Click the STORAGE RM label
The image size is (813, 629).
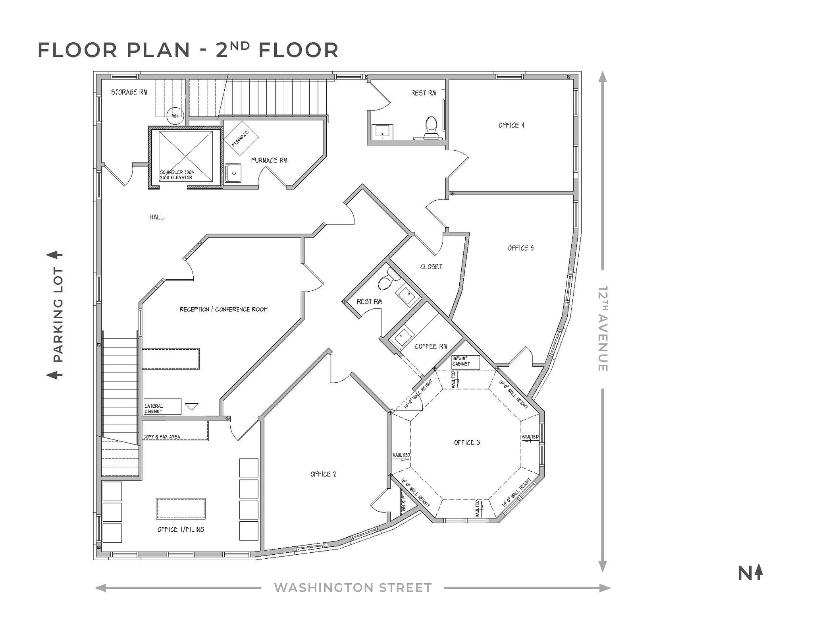pyautogui.click(x=129, y=92)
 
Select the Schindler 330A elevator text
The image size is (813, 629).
pyautogui.click(x=177, y=175)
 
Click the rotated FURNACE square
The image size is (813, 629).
pyautogui.click(x=241, y=138)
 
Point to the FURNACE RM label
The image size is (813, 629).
pyautogui.click(x=269, y=161)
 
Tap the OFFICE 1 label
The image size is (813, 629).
pyautogui.click(x=511, y=125)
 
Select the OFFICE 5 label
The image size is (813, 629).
pyautogui.click(x=520, y=248)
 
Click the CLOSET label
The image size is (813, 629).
pyautogui.click(x=431, y=267)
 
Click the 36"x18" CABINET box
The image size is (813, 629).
pyautogui.click(x=465, y=362)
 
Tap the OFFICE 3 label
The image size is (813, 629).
pyautogui.click(x=467, y=443)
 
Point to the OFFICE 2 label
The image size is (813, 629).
pyautogui.click(x=323, y=474)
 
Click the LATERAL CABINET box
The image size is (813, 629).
pyautogui.click(x=162, y=407)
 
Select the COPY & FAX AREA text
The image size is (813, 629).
pyautogui.click(x=162, y=437)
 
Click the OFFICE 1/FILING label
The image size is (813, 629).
pyautogui.click(x=181, y=529)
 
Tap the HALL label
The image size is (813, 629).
pyautogui.click(x=156, y=217)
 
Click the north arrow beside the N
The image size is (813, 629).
pyautogui.click(x=759, y=573)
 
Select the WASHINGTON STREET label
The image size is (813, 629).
pyautogui.click(x=353, y=588)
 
